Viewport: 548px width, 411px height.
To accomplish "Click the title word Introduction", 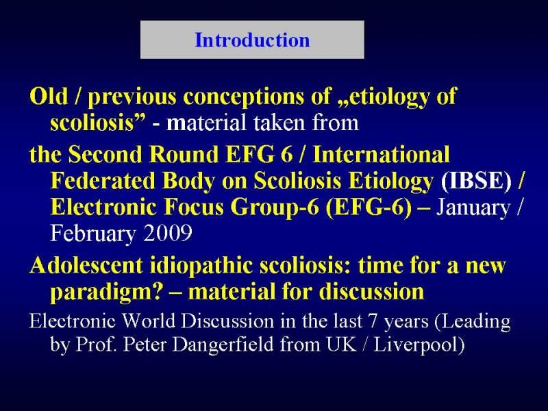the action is [252, 40].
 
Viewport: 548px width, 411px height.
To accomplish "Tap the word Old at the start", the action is [48, 95].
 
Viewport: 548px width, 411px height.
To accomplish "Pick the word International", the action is [382, 154].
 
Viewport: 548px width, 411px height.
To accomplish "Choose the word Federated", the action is [102, 181].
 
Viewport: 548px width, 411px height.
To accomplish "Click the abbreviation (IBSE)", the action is [476, 182].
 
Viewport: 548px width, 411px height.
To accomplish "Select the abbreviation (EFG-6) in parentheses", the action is [369, 208].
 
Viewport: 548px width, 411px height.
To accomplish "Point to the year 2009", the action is [168, 233].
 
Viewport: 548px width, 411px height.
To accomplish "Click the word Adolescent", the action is [86, 265].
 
